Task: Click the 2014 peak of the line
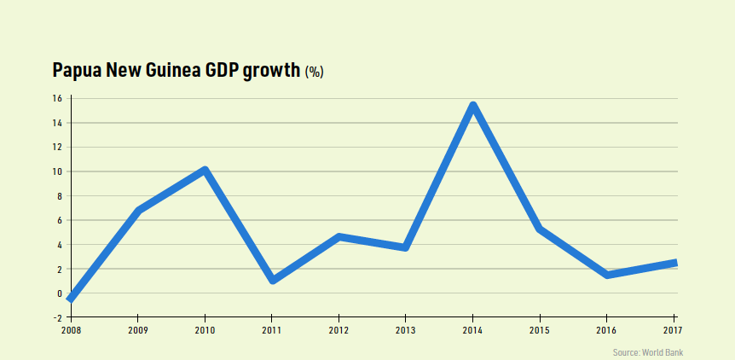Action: (472, 106)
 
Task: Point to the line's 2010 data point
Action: (205, 170)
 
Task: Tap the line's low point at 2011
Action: (272, 280)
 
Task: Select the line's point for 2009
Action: (138, 210)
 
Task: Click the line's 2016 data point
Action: (607, 275)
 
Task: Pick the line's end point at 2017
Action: (674, 263)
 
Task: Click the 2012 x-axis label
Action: (339, 329)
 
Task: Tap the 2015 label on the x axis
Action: (540, 329)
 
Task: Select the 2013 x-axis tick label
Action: (405, 329)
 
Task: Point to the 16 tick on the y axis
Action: (57, 98)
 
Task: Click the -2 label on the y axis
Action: (56, 317)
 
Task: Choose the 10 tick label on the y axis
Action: (57, 171)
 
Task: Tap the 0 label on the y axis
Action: (59, 293)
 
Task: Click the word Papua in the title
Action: (77, 71)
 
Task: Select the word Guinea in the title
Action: (174, 70)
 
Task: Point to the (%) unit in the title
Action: (314, 73)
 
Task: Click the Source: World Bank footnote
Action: (647, 352)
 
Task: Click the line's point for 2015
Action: (540, 229)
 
